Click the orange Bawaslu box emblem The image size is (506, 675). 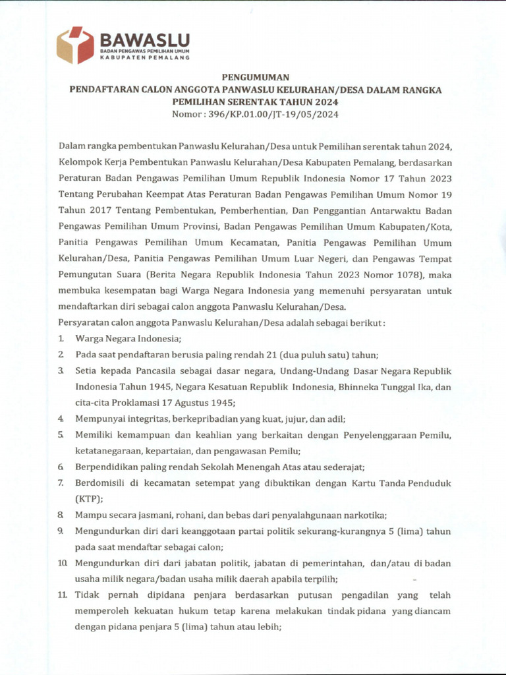[x=75, y=45]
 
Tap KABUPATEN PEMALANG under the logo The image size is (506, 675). [x=144, y=58]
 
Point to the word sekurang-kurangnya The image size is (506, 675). [x=342, y=531]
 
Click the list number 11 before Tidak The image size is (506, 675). [x=61, y=595]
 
